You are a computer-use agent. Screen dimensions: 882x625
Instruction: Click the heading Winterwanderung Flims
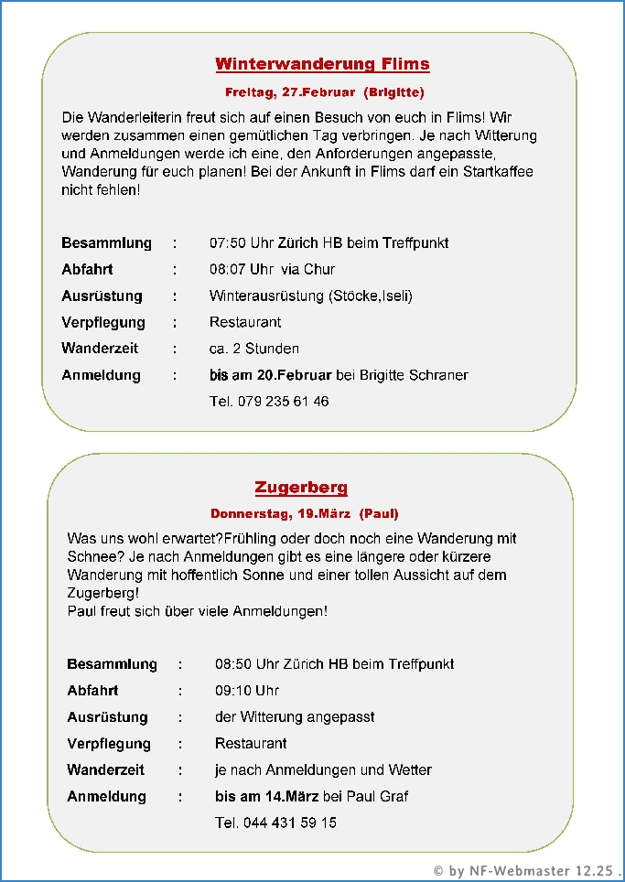coord(322,64)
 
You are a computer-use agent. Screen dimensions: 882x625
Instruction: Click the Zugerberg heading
coord(301,488)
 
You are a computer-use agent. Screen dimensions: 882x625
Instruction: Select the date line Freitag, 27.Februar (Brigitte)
coord(324,92)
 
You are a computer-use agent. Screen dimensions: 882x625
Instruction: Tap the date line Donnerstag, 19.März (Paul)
coord(304,513)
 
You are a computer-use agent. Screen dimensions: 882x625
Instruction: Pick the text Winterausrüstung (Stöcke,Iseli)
coord(310,296)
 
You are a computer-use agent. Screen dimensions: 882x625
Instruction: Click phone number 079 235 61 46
coord(283,402)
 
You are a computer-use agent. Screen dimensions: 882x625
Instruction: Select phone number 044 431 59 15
coord(289,823)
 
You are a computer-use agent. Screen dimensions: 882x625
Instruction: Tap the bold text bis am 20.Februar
coord(271,375)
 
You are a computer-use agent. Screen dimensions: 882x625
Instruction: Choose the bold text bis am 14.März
coord(266,797)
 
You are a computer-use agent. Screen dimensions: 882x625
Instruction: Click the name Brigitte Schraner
coord(414,375)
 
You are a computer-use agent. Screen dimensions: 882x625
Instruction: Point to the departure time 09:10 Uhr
coord(247,691)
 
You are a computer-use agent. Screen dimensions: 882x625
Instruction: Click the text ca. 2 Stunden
coord(253,349)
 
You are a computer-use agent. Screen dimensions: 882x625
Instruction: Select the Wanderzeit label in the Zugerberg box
coord(105,770)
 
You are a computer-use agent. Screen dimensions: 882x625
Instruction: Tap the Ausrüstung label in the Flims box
coord(102,296)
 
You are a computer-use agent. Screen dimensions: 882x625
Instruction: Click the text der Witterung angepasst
coord(295,717)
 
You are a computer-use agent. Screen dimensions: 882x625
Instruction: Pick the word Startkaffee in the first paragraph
coord(498,172)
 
